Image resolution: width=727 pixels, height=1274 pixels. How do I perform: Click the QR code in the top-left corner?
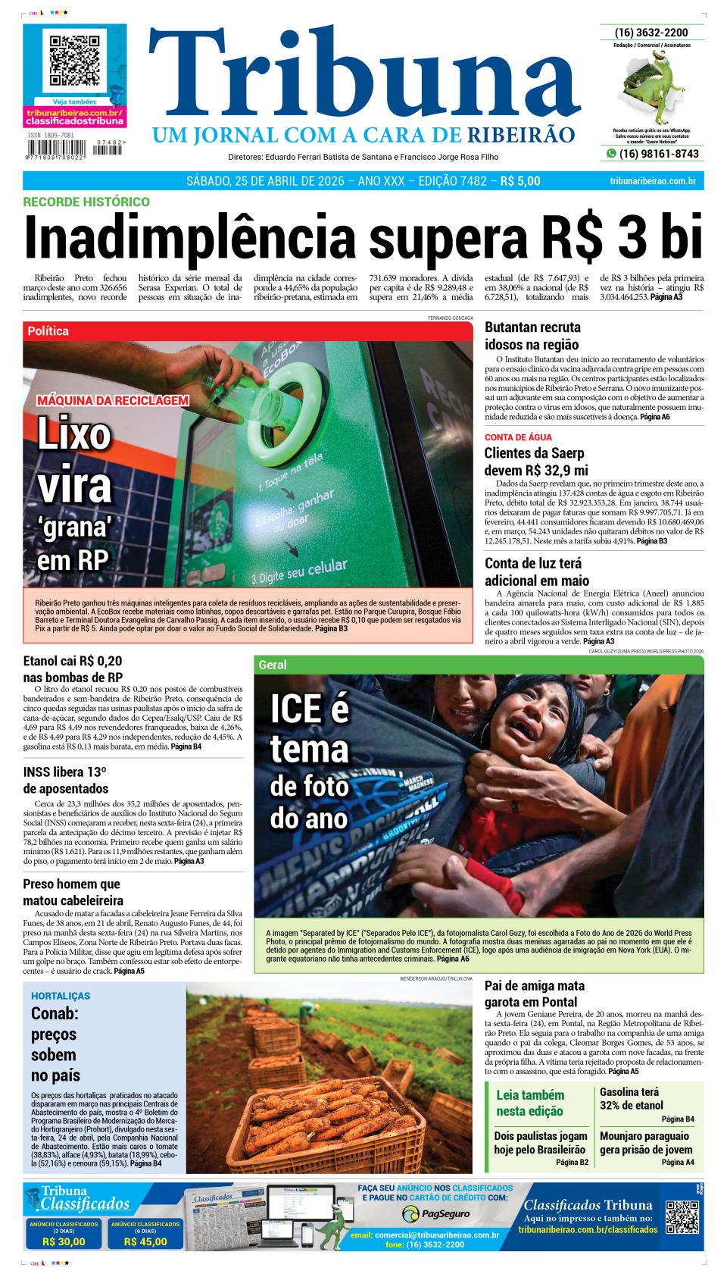(74, 61)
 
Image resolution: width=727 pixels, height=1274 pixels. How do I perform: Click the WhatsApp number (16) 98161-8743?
(658, 154)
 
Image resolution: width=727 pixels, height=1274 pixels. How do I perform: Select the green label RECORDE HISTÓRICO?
(86, 202)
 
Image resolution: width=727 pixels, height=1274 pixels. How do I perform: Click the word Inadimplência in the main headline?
(189, 238)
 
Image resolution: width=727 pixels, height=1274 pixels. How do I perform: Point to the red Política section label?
(48, 331)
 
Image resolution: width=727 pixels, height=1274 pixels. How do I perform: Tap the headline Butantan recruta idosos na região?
(532, 336)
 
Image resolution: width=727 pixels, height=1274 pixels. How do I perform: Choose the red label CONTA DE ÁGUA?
(518, 437)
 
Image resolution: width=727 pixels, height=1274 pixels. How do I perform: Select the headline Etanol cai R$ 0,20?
(73, 661)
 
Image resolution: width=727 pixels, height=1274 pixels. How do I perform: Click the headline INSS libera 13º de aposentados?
(65, 780)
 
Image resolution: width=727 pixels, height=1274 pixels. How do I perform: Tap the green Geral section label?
(273, 665)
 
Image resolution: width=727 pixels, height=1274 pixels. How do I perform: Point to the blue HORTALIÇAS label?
(61, 996)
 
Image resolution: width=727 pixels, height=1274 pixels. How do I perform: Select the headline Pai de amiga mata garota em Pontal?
(535, 994)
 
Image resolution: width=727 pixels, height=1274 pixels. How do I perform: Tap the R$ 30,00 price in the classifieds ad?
(64, 1241)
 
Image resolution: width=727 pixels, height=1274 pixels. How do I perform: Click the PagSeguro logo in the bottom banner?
(435, 1214)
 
